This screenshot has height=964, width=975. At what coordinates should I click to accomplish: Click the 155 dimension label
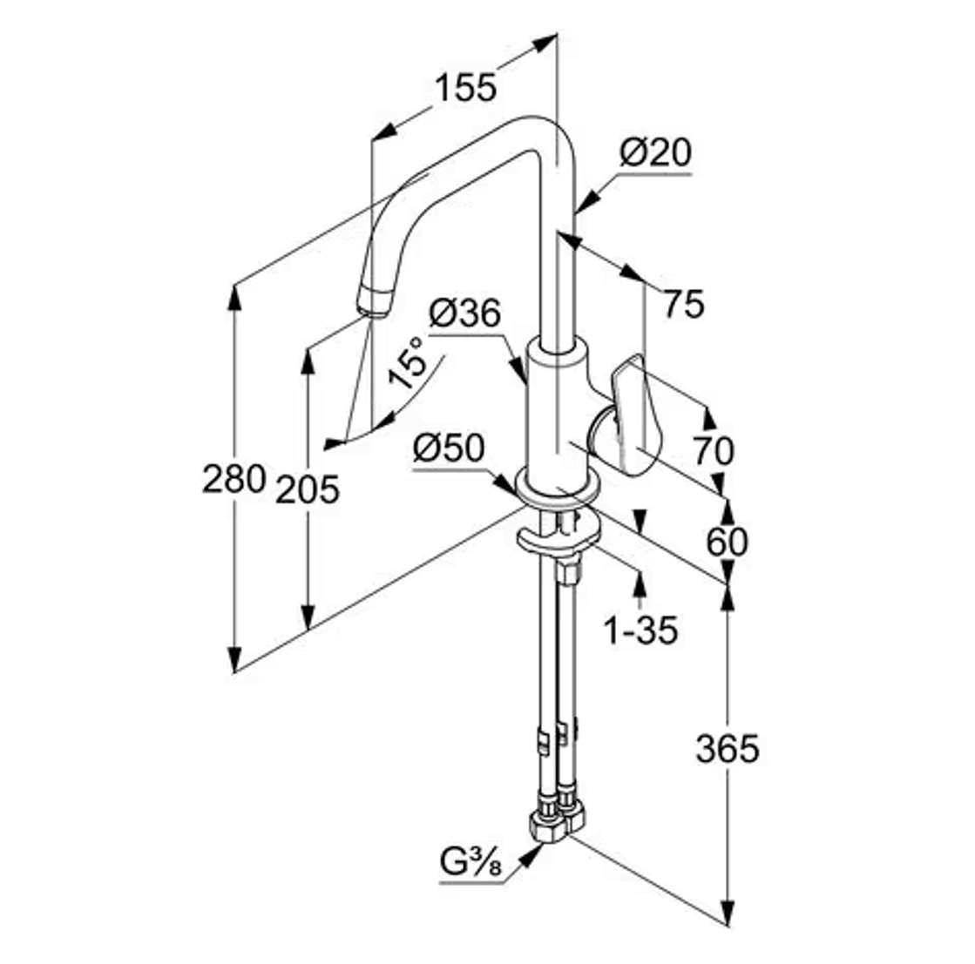click(466, 88)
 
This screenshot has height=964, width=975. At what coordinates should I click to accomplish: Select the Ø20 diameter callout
click(655, 152)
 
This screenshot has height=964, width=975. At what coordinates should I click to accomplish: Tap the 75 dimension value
click(683, 305)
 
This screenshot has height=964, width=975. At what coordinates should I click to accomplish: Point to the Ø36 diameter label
click(464, 313)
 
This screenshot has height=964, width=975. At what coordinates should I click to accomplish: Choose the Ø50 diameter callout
click(449, 448)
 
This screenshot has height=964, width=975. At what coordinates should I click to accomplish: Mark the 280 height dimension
click(234, 479)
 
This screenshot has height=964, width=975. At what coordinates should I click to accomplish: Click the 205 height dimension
click(308, 489)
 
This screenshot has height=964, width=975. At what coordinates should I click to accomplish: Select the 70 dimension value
click(714, 452)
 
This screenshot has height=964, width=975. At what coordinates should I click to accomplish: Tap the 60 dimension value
click(727, 542)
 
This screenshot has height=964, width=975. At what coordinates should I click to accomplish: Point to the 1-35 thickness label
click(641, 630)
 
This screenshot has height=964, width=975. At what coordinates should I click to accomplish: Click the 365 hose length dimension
click(728, 748)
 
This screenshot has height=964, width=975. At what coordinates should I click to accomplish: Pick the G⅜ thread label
click(471, 862)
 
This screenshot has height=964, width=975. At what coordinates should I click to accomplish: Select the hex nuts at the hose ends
click(557, 819)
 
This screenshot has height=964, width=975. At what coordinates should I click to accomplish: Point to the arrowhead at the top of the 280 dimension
click(234, 296)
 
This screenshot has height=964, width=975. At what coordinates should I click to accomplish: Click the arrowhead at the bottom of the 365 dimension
click(728, 913)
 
